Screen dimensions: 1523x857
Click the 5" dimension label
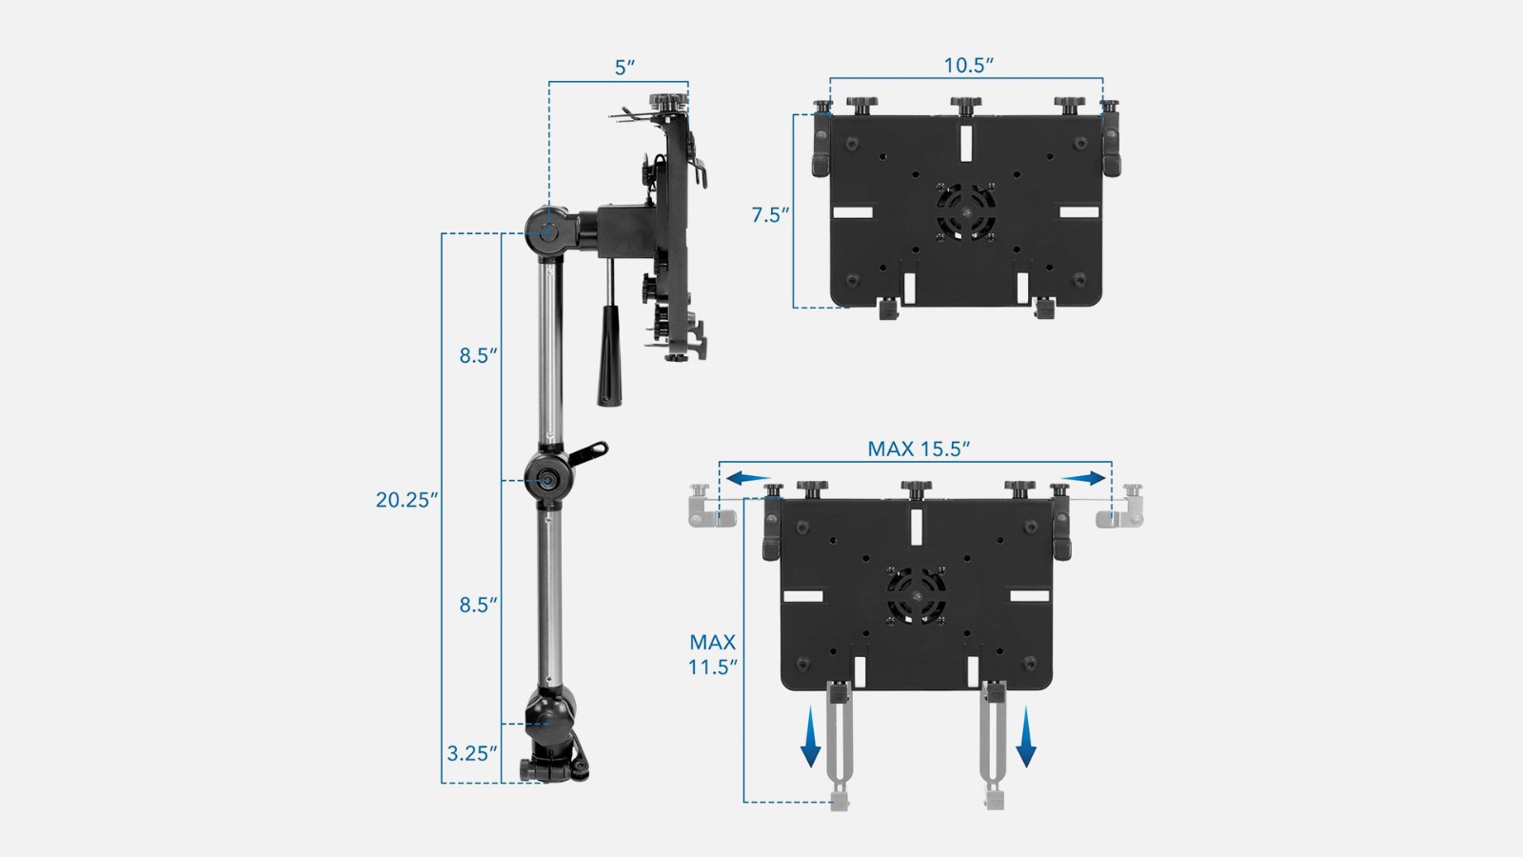point(624,68)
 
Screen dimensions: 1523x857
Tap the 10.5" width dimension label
point(968,65)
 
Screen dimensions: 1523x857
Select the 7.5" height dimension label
point(771,215)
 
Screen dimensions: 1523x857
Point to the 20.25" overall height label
point(407,500)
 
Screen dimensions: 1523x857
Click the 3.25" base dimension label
point(472,753)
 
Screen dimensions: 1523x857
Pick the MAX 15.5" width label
point(919,448)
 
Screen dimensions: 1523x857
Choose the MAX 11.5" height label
point(713,654)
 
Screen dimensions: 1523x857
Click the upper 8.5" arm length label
point(478,355)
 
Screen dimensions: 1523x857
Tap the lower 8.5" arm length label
point(478,605)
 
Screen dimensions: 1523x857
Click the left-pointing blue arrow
point(748,478)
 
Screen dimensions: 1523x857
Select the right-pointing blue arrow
point(1083,478)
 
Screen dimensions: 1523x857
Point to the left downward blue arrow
point(810,736)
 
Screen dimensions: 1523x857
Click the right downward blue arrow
point(1025,736)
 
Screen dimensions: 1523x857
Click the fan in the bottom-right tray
point(917,595)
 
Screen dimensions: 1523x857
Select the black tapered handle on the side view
point(609,355)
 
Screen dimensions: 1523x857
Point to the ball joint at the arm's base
point(550,710)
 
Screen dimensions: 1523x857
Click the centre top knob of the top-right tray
point(965,105)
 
